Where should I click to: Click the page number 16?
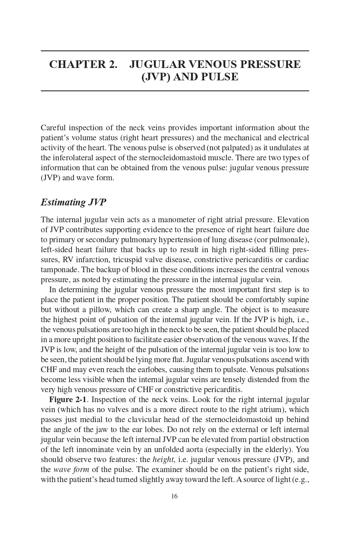(174, 496)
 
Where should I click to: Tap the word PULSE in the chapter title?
(219, 77)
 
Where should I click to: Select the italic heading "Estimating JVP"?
(73, 202)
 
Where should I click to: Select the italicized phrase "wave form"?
(71, 470)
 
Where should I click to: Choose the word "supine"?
(298, 300)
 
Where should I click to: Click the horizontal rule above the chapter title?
(175, 51)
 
